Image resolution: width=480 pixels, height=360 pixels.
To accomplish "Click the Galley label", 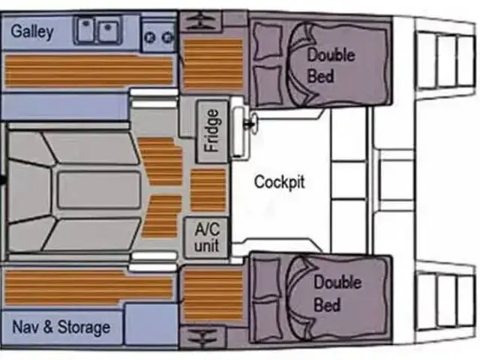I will pos(32,32).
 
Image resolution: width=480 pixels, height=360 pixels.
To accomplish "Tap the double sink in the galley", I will pos(97,32).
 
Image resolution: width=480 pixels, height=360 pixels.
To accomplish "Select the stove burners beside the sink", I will pos(158,34).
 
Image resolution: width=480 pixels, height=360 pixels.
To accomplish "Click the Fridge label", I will pos(212,132).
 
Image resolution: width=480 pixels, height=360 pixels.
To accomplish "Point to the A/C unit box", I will pos(206,236).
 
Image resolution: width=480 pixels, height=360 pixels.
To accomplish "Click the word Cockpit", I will pos(279,181).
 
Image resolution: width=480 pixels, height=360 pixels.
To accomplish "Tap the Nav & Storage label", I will pos(61,327).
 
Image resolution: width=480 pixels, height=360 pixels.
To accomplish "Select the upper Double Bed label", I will pos(331,65).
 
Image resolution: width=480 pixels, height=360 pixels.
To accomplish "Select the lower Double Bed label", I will pos(337,293).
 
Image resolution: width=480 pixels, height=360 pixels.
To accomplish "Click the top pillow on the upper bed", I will pos(265,35).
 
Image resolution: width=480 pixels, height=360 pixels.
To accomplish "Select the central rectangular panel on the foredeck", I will pos(98,189).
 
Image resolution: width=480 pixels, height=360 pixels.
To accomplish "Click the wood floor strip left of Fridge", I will pos(160,161).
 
